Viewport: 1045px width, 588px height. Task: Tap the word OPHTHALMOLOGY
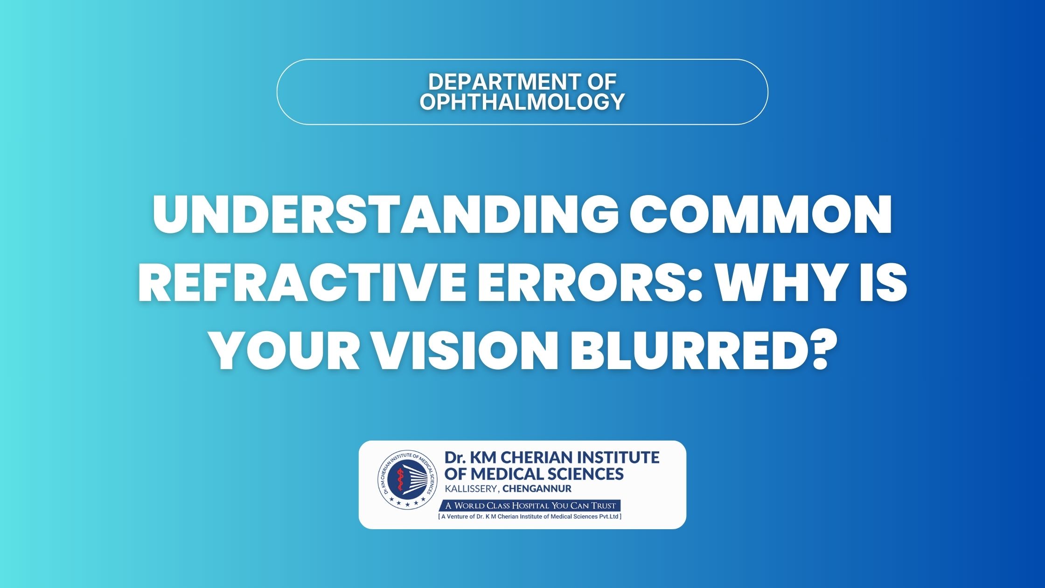[522, 102]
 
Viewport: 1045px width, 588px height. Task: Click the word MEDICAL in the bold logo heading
[506, 474]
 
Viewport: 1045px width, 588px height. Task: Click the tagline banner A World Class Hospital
[530, 505]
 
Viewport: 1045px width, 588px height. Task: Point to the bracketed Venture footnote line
[530, 517]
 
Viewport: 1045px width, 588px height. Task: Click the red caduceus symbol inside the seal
[399, 480]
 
